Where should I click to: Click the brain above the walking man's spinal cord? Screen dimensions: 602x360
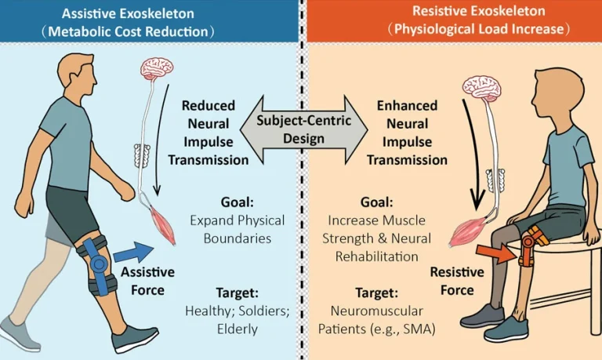(x=157, y=68)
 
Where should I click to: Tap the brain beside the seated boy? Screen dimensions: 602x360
(x=482, y=85)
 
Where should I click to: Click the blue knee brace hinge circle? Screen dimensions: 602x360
(x=99, y=264)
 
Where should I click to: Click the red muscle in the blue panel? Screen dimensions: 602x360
(x=163, y=226)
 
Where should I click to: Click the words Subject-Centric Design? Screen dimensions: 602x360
(x=303, y=129)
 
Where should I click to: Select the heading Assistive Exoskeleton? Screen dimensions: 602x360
(x=128, y=13)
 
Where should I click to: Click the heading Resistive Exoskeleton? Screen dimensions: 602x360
(x=479, y=11)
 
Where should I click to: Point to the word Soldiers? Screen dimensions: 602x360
(x=263, y=311)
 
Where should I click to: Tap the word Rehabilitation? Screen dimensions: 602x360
(x=376, y=256)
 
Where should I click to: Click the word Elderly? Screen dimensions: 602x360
(x=238, y=329)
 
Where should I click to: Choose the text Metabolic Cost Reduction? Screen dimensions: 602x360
(x=128, y=31)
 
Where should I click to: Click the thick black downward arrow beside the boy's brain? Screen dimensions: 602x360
(x=472, y=155)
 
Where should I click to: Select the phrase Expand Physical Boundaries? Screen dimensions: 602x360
(x=238, y=229)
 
